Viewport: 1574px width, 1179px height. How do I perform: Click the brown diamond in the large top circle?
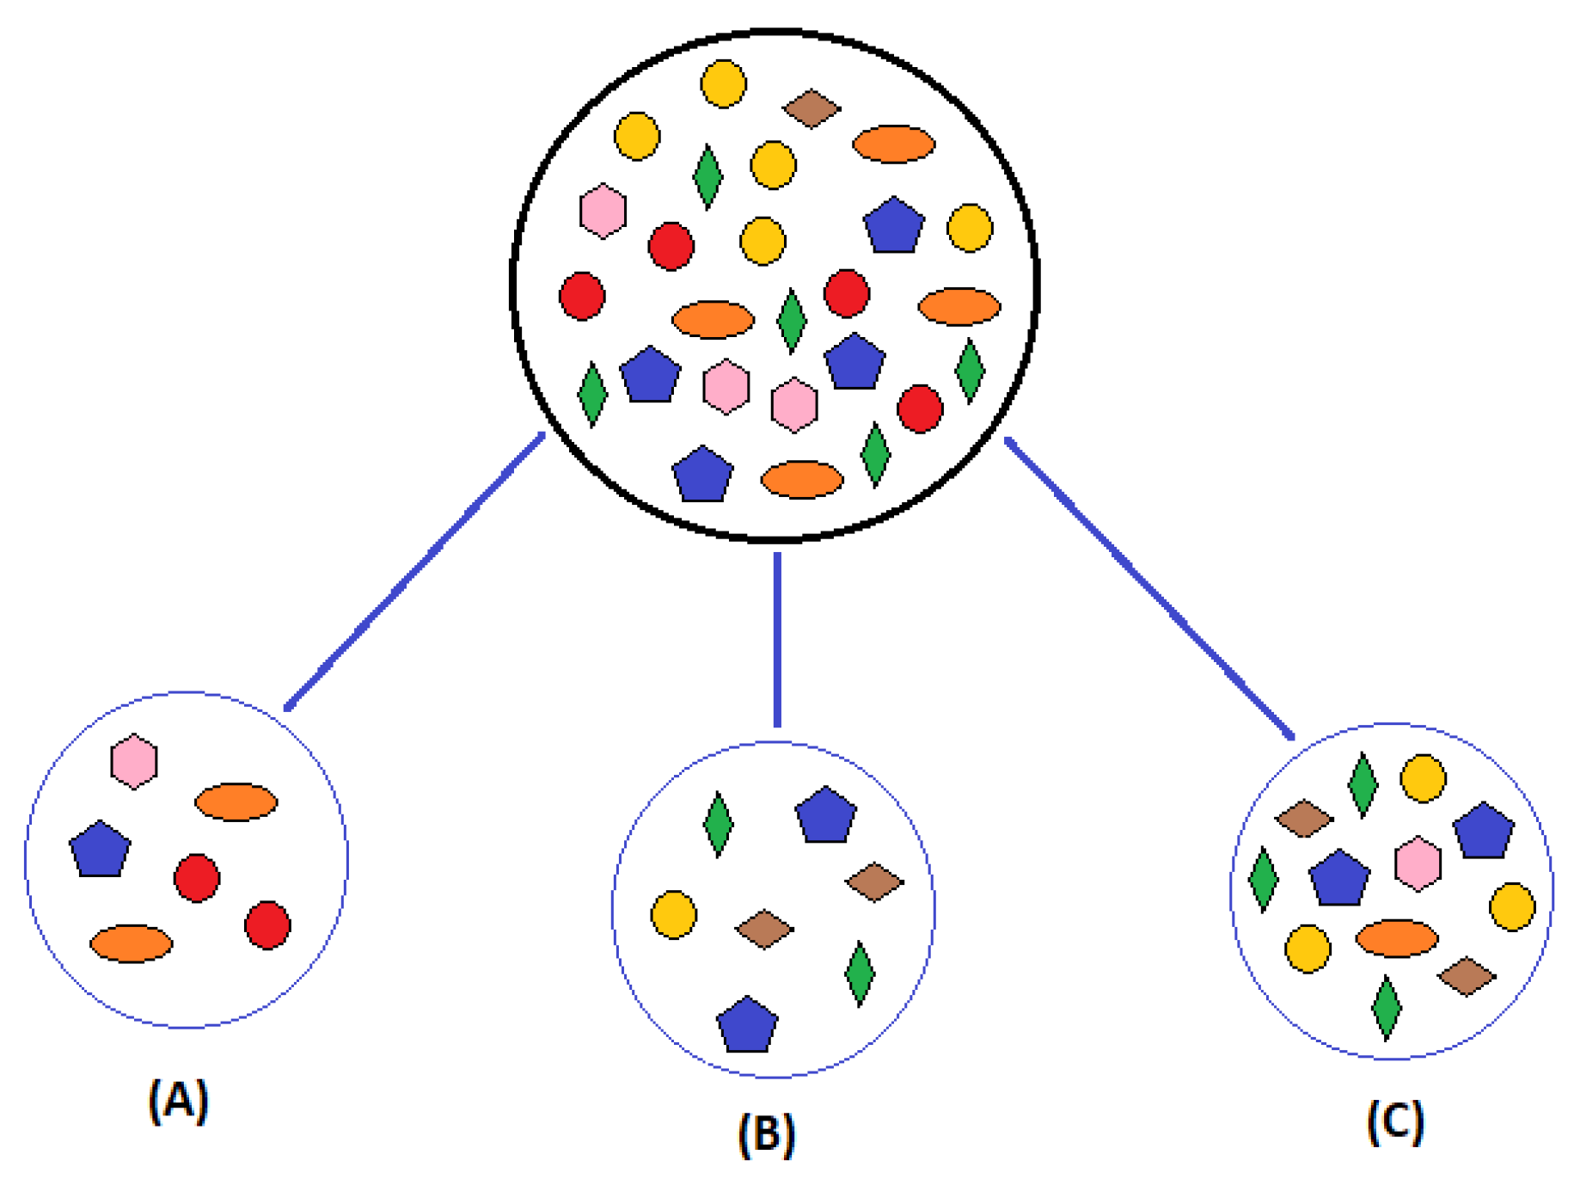coord(811,108)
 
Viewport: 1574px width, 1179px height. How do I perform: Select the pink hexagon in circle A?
coord(134,761)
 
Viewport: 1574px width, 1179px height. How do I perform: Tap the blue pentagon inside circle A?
coord(101,850)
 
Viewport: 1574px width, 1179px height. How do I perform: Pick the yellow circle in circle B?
coord(673,914)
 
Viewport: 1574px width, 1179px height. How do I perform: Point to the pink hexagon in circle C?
coord(1417,863)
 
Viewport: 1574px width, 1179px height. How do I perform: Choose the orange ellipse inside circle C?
coord(1396,938)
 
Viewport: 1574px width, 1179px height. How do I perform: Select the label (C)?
coord(1394,1121)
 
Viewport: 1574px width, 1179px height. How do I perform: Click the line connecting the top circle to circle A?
coord(415,572)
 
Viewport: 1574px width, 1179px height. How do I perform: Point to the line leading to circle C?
coord(1149,587)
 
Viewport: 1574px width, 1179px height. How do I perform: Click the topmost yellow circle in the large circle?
coord(723,83)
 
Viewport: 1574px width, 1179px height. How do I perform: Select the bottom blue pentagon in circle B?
coord(747,1025)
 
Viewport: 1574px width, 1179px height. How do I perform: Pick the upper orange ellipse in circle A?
coord(236,802)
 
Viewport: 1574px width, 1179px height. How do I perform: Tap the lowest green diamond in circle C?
coord(1386,1007)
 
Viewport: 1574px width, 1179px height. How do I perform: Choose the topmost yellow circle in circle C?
coord(1423,778)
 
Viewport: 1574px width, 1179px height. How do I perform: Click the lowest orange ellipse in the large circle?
coord(802,480)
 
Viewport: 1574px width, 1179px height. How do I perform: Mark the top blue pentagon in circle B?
coord(825,814)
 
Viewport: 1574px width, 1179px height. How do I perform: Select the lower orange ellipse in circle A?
coord(131,943)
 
